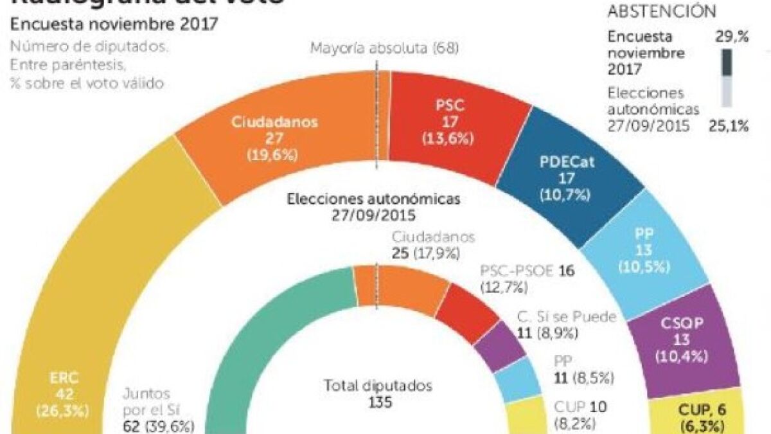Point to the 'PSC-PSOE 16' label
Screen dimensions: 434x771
point(527,278)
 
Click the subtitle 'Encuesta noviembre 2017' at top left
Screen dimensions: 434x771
point(113,25)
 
